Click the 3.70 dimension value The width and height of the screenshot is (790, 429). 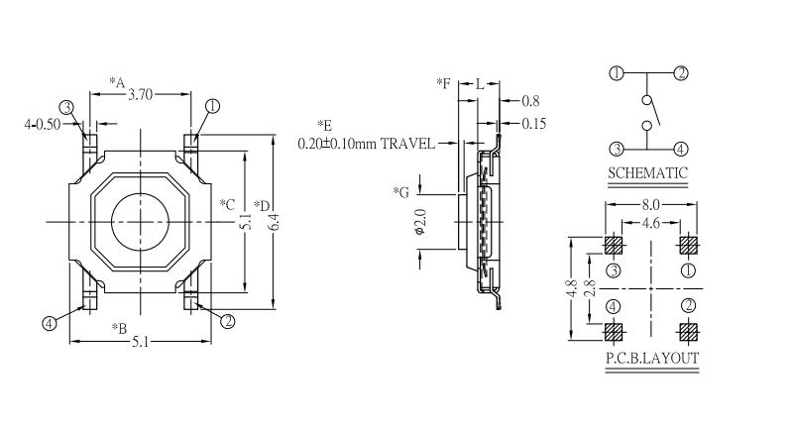click(x=141, y=96)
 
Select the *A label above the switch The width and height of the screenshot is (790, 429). click(x=117, y=82)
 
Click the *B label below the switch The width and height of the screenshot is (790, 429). click(x=118, y=328)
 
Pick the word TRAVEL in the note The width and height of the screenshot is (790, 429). click(x=406, y=143)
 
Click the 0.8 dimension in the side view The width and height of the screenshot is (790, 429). click(x=530, y=101)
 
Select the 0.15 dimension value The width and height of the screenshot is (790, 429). click(x=534, y=124)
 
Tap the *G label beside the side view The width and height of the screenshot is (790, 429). click(x=400, y=191)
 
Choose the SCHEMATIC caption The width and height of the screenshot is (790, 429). click(x=647, y=172)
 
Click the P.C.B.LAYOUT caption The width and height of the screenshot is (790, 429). click(x=651, y=359)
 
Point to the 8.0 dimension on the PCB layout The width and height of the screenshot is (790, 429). click(x=649, y=205)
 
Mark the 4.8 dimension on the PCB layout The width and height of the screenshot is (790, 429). click(x=572, y=289)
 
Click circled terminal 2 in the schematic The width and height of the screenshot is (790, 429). click(x=681, y=72)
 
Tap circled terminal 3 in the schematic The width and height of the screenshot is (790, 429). click(x=616, y=150)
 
